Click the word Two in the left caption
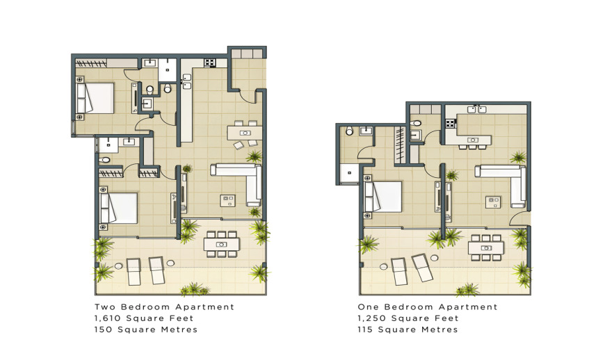(x=105, y=306)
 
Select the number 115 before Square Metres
(x=365, y=329)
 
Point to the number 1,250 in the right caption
(x=371, y=318)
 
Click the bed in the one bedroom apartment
(x=382, y=197)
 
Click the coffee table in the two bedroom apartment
(x=227, y=200)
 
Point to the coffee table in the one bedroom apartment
(x=493, y=202)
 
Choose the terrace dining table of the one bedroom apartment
(x=486, y=248)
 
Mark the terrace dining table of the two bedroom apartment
(x=221, y=245)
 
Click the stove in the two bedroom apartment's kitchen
(x=210, y=63)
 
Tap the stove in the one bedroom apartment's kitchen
(x=451, y=123)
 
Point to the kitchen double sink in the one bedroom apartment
(x=476, y=110)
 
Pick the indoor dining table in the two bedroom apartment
(x=245, y=133)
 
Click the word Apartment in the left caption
(x=205, y=307)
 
